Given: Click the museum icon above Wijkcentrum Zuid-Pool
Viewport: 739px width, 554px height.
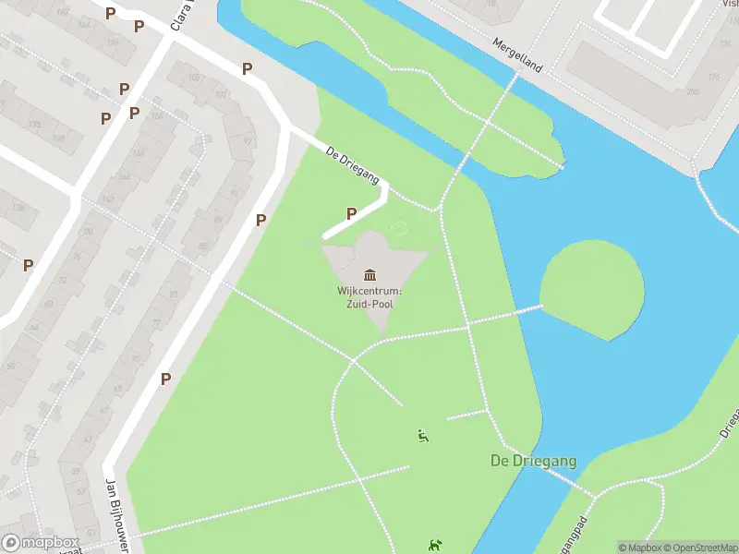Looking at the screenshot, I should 370,274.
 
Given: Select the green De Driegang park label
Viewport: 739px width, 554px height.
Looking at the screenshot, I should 533,461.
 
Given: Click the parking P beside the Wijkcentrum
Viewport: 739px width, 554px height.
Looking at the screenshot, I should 351,214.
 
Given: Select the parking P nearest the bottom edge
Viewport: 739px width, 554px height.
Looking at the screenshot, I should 165,379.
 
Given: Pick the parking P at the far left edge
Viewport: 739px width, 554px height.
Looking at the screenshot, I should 28,265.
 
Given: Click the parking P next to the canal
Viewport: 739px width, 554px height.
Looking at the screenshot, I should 247,68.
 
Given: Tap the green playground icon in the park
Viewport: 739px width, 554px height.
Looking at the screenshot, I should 423,437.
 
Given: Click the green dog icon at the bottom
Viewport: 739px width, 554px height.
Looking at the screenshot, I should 434,547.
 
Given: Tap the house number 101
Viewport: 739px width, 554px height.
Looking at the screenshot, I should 221,95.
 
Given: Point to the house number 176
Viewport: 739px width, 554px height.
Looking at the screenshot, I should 712,78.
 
